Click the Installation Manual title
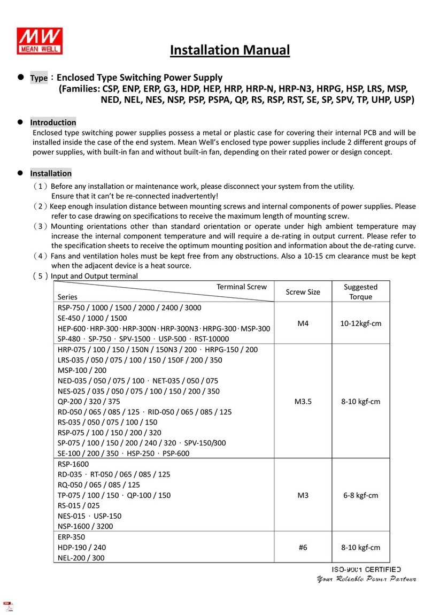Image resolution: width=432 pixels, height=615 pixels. (x=230, y=50)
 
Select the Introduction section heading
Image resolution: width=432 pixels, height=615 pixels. (x=53, y=122)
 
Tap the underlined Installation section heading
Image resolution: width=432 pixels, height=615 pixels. (x=51, y=173)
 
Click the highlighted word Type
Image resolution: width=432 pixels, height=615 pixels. (x=38, y=79)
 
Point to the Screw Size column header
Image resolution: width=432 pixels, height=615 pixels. (x=303, y=292)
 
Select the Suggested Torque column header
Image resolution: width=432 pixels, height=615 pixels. (x=361, y=291)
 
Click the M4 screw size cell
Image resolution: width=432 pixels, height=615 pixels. (x=303, y=324)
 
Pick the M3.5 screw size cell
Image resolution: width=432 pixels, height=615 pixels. (x=303, y=401)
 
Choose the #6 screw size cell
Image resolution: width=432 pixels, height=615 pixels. (x=303, y=547)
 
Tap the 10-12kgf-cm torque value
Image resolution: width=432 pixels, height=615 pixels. (x=361, y=324)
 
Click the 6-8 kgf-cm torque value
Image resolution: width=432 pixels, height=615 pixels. (x=361, y=495)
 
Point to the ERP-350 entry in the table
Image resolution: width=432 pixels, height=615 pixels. (x=71, y=536)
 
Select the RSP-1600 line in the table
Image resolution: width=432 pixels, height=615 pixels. (x=72, y=464)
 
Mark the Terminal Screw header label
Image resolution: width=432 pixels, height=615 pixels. (x=241, y=287)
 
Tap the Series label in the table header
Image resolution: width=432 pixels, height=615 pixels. (x=67, y=297)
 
